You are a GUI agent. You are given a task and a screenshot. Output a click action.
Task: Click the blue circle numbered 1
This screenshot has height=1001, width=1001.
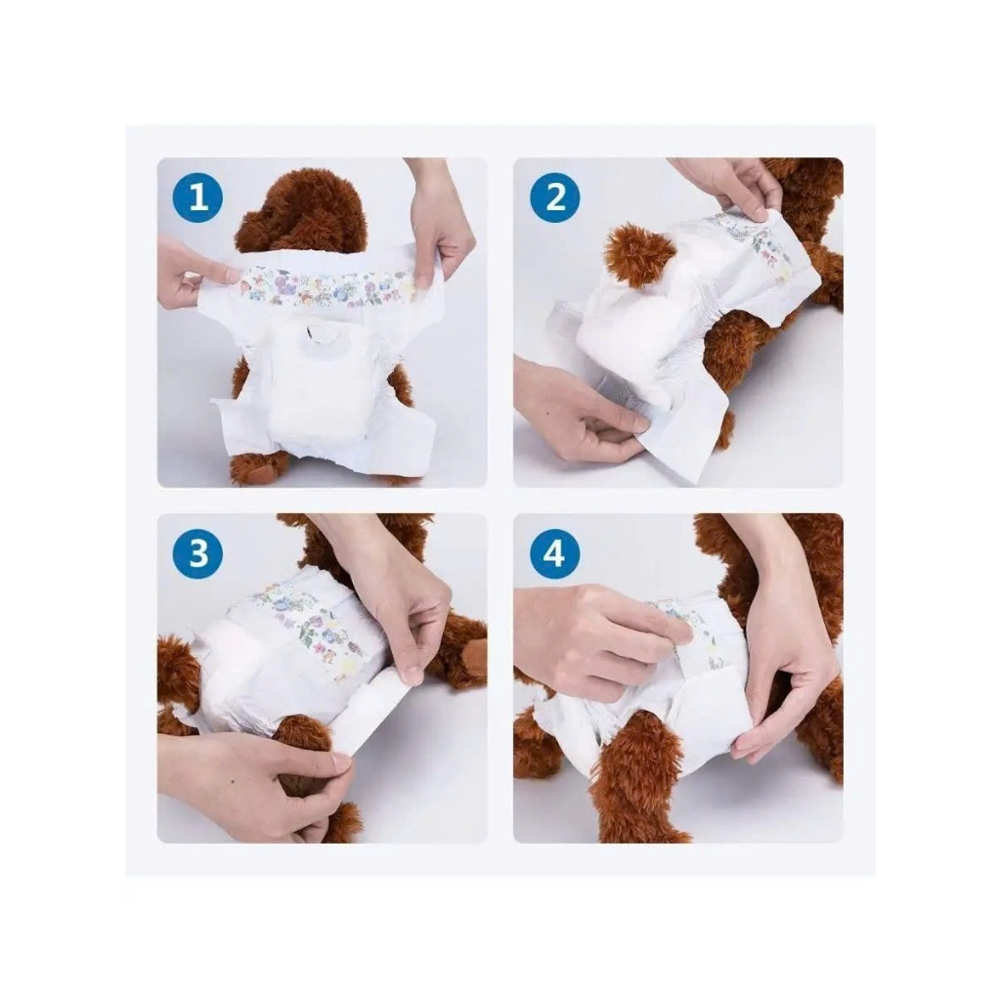click(x=197, y=196)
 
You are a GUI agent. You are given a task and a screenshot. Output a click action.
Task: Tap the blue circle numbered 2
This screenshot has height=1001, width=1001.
click(x=555, y=196)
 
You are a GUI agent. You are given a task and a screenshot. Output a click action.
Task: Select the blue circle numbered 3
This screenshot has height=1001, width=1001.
click(x=197, y=553)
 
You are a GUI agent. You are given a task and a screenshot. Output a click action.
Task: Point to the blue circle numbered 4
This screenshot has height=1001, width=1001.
click(x=554, y=553)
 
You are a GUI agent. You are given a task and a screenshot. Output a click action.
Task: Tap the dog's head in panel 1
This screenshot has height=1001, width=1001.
click(x=301, y=213)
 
